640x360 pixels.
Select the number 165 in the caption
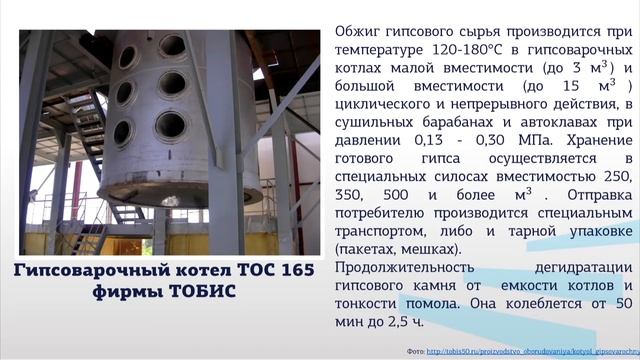pyautogui.click(x=293, y=270)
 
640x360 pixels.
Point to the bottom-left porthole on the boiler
pyautogui.click(x=122, y=132)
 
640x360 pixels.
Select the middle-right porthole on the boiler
pyautogui.click(x=170, y=84)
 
